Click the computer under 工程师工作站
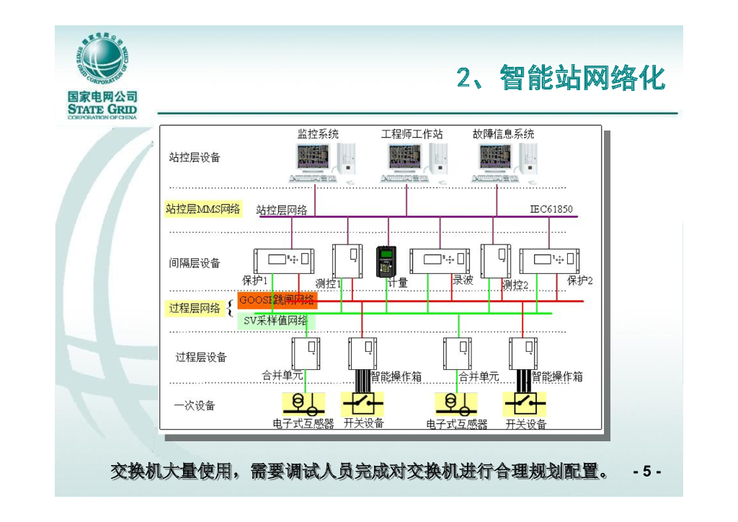click(412, 162)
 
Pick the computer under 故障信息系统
click(504, 162)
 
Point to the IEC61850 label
click(551, 209)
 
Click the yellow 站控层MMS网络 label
click(203, 209)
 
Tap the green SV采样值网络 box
click(275, 321)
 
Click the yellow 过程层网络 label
click(195, 309)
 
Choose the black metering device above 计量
click(386, 260)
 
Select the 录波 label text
click(463, 280)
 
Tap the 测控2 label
click(516, 285)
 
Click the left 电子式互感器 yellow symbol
click(303, 402)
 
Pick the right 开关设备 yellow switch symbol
click(525, 402)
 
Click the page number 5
click(646, 472)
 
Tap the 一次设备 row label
click(195, 405)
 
